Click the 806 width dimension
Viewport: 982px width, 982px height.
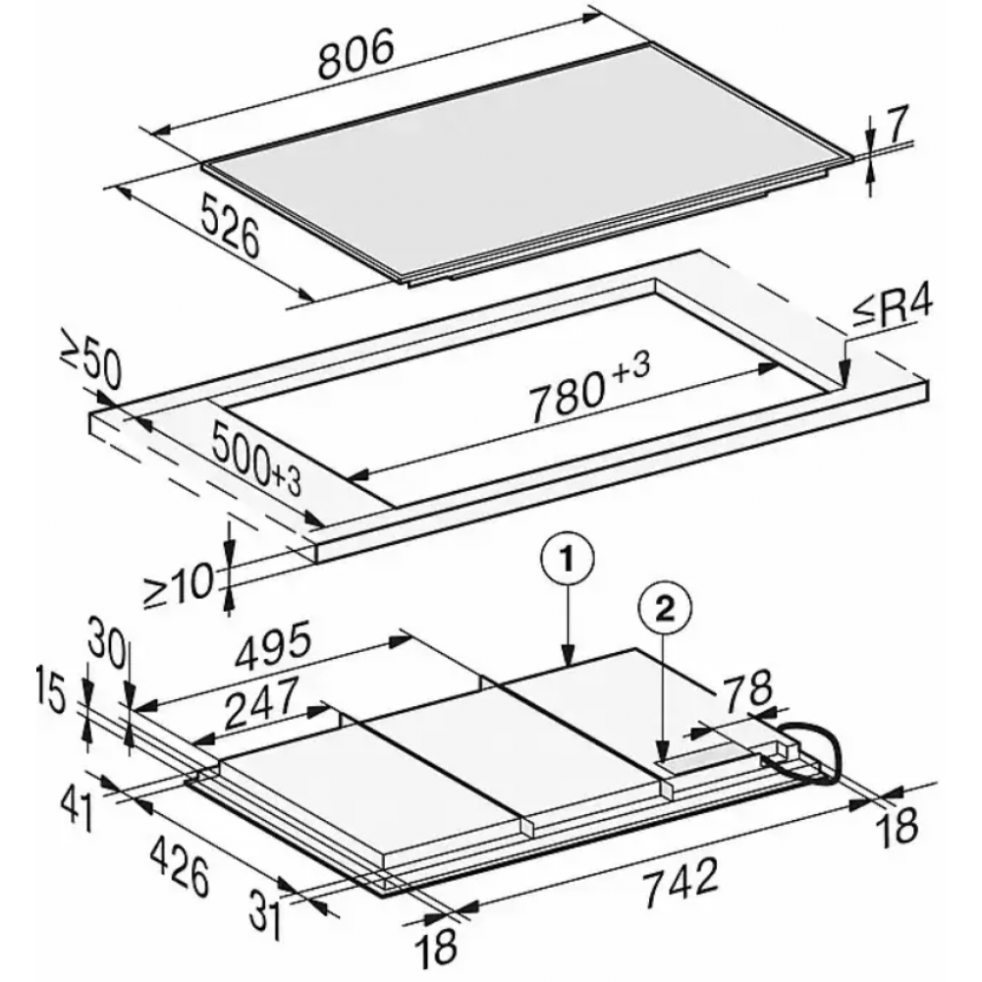(x=356, y=56)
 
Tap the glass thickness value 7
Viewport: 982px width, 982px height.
(x=897, y=125)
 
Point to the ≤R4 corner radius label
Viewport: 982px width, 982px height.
(x=892, y=311)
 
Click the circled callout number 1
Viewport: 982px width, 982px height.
(x=567, y=560)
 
